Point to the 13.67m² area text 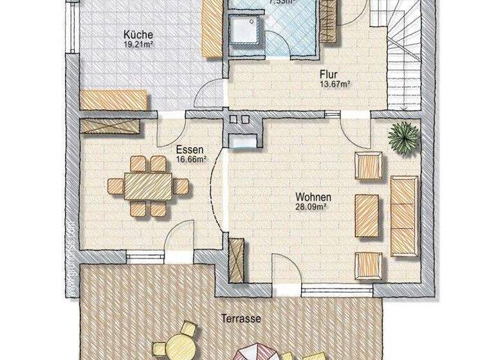[336, 84]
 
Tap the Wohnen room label [313, 197]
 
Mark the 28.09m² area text [313, 206]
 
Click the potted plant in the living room [403, 136]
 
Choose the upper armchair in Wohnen [369, 165]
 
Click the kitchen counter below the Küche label [115, 100]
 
